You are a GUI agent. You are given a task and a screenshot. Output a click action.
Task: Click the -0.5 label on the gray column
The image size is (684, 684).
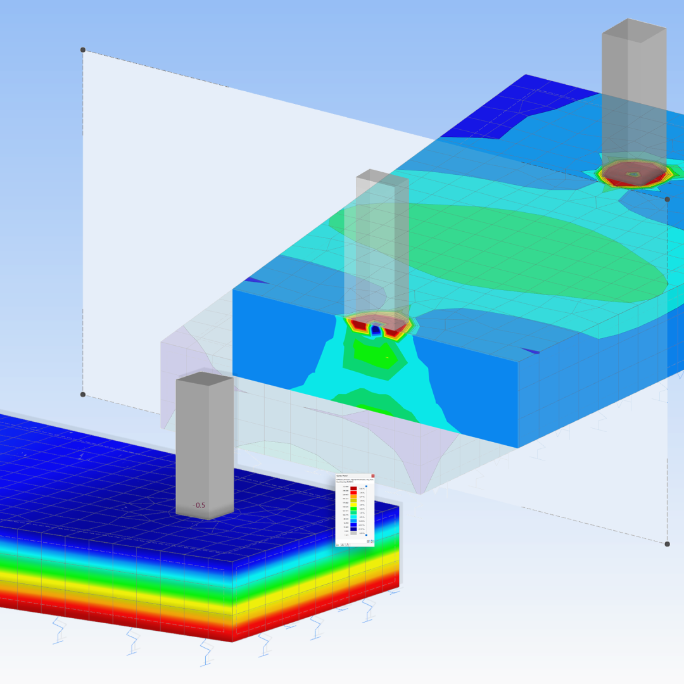pos(199,505)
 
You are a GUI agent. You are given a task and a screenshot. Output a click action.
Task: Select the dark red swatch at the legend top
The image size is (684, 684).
pos(353,488)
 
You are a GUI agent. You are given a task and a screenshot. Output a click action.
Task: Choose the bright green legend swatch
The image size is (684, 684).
pos(353,509)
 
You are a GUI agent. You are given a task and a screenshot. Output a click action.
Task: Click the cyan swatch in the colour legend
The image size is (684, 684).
pos(353,517)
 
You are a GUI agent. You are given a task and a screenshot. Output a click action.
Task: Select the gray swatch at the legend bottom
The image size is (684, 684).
pos(353,533)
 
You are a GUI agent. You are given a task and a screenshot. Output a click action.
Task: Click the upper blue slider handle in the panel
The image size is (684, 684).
pos(366,486)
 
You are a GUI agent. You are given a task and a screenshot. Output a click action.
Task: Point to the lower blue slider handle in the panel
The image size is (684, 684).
pos(366,535)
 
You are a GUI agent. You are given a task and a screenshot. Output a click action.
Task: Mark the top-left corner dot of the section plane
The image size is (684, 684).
pos(82,49)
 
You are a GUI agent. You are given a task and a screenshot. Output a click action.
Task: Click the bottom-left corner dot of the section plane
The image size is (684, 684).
pos(82,394)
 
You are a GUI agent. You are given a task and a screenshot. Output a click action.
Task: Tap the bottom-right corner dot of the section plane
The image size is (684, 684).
pos(667,543)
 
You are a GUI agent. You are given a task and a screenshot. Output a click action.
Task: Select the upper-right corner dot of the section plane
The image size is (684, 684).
pos(667,199)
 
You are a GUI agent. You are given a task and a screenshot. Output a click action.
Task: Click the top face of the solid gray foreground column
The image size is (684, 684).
pos(204,378)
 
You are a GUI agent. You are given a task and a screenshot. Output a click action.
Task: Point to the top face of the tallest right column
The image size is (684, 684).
pos(634,30)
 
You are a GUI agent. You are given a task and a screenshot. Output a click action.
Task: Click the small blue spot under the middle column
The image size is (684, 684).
pos(376,329)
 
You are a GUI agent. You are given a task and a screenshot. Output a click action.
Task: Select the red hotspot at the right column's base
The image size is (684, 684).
pos(633,174)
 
